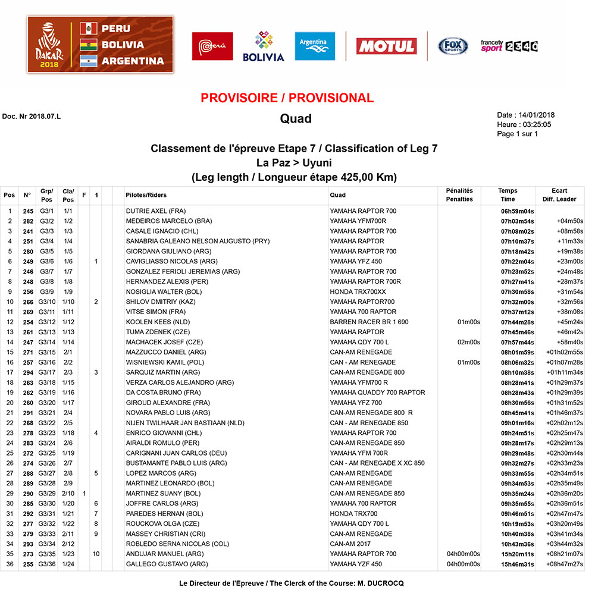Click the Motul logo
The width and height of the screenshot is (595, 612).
click(386, 46)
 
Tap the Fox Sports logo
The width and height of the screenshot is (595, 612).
click(453, 46)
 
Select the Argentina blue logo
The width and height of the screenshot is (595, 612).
click(315, 46)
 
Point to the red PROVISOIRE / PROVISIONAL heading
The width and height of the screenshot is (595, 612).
click(287, 98)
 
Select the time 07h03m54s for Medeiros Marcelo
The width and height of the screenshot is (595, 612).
click(517, 221)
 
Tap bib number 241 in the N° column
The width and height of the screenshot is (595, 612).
click(28, 231)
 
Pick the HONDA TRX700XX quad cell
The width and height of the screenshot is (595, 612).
click(358, 292)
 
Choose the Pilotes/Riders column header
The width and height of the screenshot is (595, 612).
click(146, 195)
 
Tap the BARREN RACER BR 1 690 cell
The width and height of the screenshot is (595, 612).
click(369, 322)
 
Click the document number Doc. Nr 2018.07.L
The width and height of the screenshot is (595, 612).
click(32, 116)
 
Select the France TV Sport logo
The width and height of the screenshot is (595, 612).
click(509, 46)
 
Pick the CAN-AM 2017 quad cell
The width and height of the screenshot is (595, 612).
click(350, 544)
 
